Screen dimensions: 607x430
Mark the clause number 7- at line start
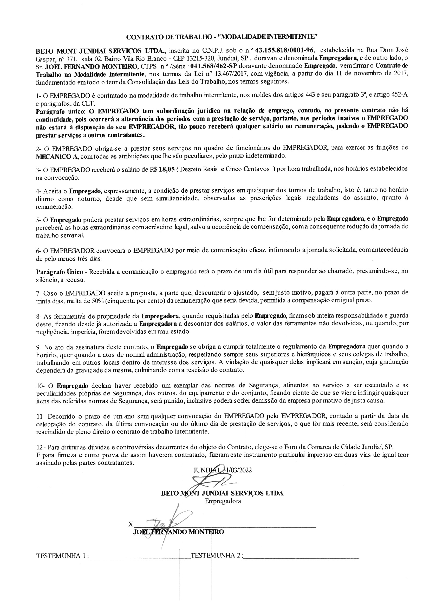coord(39,293)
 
